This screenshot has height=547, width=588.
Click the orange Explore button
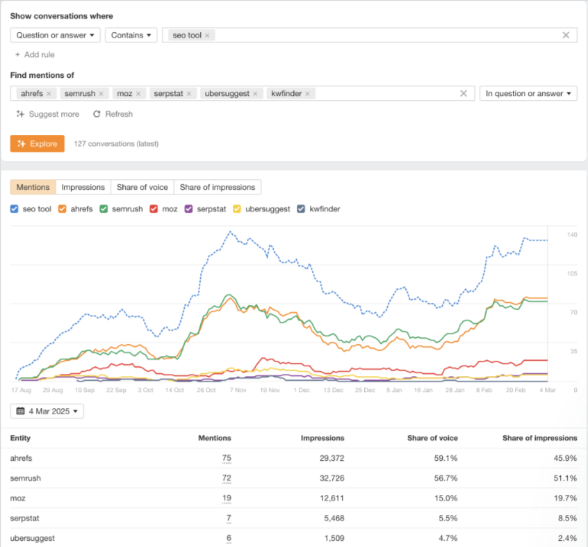38,144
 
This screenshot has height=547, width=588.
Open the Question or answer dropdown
56,35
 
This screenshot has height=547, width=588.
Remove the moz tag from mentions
138,94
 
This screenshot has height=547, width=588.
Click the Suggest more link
48,114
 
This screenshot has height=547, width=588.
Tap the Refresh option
113,114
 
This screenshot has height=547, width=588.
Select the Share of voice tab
142,187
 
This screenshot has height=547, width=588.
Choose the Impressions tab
83,187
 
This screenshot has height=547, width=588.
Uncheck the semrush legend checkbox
104,209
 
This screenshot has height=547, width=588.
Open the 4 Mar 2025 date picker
47,411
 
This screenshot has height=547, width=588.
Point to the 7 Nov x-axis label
237,391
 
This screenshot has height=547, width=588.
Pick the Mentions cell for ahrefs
226,458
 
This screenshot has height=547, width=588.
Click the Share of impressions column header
539,438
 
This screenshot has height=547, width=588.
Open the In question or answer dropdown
528,94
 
